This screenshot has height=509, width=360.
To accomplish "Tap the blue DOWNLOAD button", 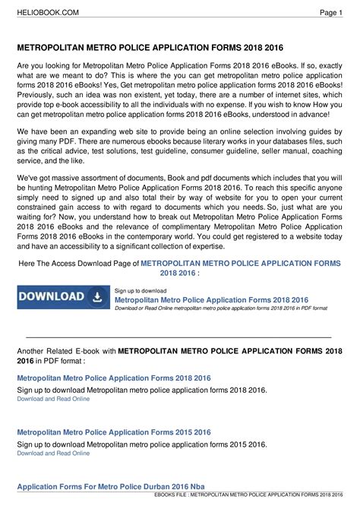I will click(x=63, y=297).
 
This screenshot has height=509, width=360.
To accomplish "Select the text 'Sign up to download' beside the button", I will click(x=141, y=290).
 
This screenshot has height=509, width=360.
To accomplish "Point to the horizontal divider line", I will click(x=179, y=336).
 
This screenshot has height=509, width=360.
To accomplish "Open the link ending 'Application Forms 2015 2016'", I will click(x=114, y=432).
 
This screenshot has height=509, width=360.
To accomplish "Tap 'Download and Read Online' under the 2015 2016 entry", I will click(x=53, y=453).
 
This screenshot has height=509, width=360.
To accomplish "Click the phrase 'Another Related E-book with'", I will click(x=66, y=353).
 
